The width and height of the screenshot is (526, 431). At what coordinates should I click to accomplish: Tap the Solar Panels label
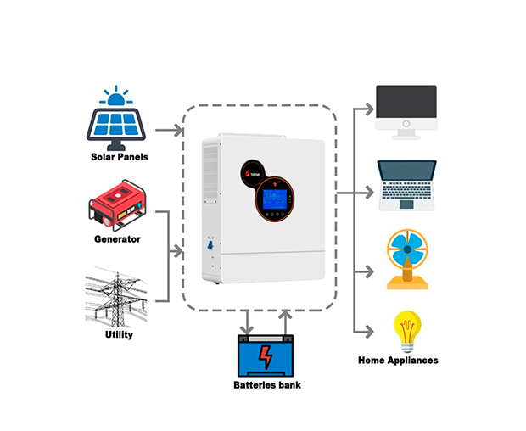(120, 157)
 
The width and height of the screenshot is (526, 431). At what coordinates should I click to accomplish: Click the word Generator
(118, 239)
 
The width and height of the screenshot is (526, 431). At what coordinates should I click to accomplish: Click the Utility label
(119, 334)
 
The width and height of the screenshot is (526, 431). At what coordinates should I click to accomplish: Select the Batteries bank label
(266, 385)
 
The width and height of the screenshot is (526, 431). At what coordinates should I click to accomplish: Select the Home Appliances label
(399, 360)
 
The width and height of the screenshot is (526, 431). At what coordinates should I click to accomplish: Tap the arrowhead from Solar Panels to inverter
(177, 131)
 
